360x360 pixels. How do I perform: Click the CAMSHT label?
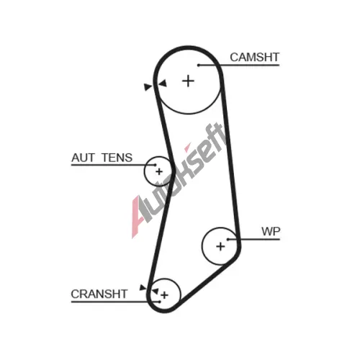[254, 58]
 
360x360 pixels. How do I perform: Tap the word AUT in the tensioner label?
[84, 158]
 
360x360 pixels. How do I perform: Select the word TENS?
[117, 158]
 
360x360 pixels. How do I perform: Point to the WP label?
[271, 232]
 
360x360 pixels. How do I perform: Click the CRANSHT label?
[99, 294]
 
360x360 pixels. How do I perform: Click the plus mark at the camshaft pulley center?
[188, 81]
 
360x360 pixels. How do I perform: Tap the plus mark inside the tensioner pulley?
[159, 171]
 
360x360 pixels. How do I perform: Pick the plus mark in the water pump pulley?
[220, 246]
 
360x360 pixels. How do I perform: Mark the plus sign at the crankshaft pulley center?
[164, 295]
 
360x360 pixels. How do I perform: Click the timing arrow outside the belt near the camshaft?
[148, 86]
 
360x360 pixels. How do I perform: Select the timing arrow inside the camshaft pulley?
[163, 84]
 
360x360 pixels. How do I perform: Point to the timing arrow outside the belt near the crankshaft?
[143, 287]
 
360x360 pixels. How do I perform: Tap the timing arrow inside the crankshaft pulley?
[155, 291]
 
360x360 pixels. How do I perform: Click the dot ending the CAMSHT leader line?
[199, 65]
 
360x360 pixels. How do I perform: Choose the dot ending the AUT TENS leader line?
[155, 165]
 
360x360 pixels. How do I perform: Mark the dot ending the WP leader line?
[228, 239]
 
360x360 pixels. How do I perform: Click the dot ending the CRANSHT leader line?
[159, 302]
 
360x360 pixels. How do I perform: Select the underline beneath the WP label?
[254, 239]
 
